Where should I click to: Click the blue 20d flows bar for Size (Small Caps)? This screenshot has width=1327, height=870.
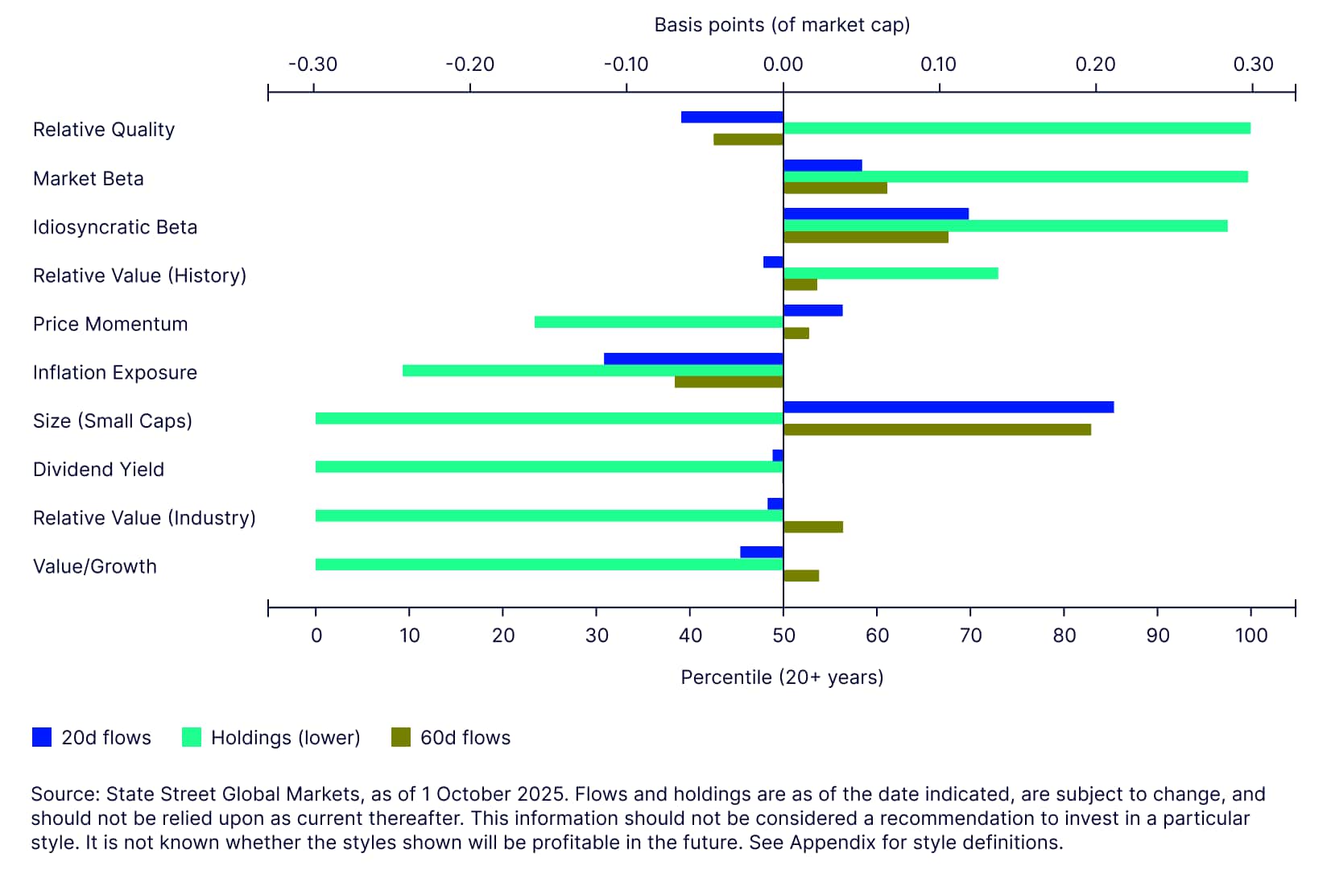(x=948, y=407)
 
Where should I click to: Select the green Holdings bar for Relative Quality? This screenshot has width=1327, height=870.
(x=1016, y=128)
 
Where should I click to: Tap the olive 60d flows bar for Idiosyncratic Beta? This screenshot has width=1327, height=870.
(x=866, y=237)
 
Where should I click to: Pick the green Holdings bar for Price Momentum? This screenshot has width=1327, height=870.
(x=658, y=322)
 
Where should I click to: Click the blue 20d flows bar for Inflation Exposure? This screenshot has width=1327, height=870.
(x=693, y=358)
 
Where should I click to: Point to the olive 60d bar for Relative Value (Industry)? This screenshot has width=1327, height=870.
(x=813, y=527)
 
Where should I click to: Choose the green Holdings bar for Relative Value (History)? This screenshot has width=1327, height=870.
(x=891, y=273)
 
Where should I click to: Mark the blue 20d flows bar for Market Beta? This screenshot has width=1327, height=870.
(x=822, y=165)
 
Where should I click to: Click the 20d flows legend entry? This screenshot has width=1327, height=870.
(x=92, y=737)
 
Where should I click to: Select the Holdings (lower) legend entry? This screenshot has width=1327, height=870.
(x=271, y=737)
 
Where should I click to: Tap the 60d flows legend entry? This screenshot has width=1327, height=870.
(x=451, y=737)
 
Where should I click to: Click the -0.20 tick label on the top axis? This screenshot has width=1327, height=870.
(x=469, y=64)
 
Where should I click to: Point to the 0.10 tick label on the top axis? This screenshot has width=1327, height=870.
(x=938, y=64)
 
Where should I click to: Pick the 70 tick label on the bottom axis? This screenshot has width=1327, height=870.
(x=970, y=636)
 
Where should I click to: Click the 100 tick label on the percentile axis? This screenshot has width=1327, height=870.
(x=1251, y=636)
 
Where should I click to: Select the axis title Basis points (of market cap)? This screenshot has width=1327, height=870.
(x=782, y=25)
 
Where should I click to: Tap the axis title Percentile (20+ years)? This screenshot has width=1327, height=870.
(x=782, y=677)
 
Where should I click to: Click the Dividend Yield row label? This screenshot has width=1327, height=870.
(x=98, y=470)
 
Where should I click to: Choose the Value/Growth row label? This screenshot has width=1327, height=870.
(x=95, y=566)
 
